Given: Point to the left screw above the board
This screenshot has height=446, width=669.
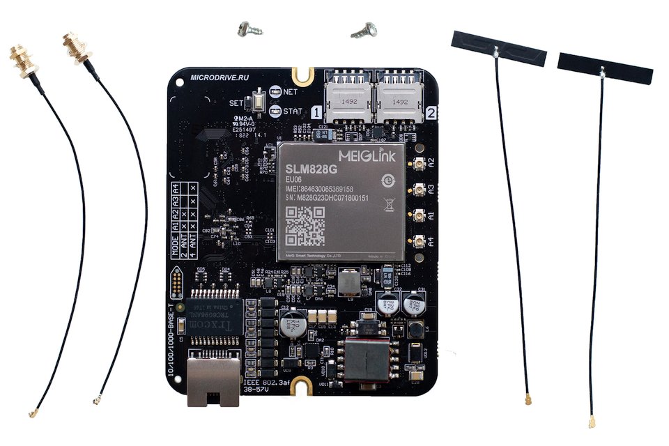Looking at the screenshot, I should [247, 29].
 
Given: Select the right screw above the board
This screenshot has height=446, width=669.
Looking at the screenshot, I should [362, 29].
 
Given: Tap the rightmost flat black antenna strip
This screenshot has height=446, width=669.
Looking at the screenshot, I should [605, 69].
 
